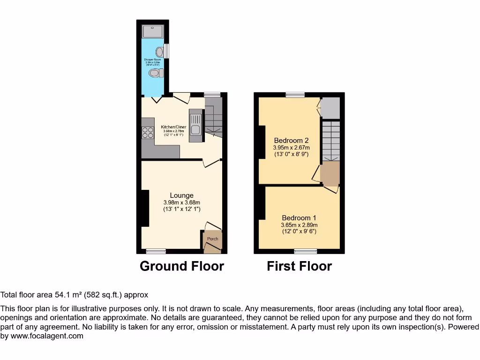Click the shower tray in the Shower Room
(153, 31)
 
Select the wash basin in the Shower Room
(160, 52)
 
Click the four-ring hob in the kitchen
(148, 133)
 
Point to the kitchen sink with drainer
(195, 125)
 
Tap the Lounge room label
(181, 195)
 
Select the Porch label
(212, 239)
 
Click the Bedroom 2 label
(291, 140)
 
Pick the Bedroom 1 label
(299, 217)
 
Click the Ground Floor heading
(182, 266)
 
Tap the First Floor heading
(299, 266)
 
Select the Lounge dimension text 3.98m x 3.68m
(181, 202)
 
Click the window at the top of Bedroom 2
(295, 95)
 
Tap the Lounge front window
(155, 251)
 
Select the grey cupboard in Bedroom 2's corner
(330, 108)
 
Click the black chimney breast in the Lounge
(145, 207)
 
